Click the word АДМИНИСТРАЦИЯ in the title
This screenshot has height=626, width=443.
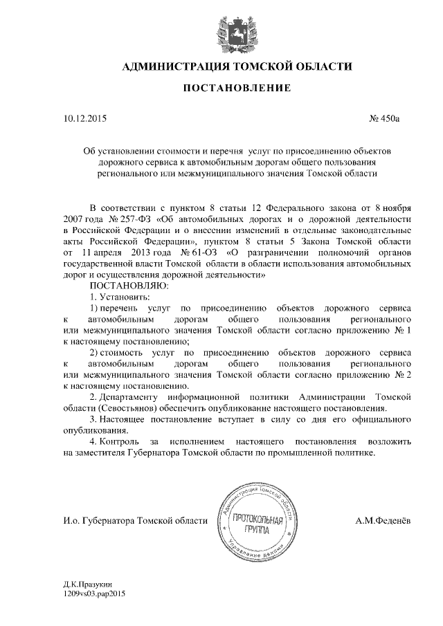tap(174, 67)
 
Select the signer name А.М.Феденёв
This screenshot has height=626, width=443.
tap(383, 520)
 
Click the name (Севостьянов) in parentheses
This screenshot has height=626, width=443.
tap(128, 408)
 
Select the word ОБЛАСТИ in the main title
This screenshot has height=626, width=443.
tap(319, 67)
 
